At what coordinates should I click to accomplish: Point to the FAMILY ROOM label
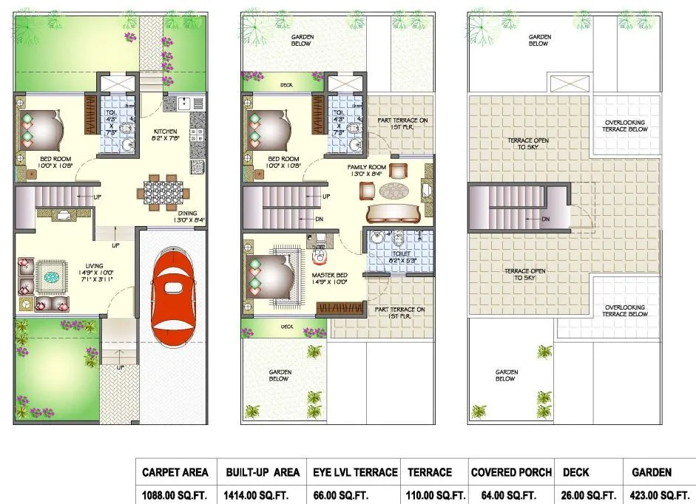tap(368, 168)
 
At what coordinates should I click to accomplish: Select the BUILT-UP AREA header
tap(263, 471)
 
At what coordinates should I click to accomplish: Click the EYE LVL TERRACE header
tap(356, 471)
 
